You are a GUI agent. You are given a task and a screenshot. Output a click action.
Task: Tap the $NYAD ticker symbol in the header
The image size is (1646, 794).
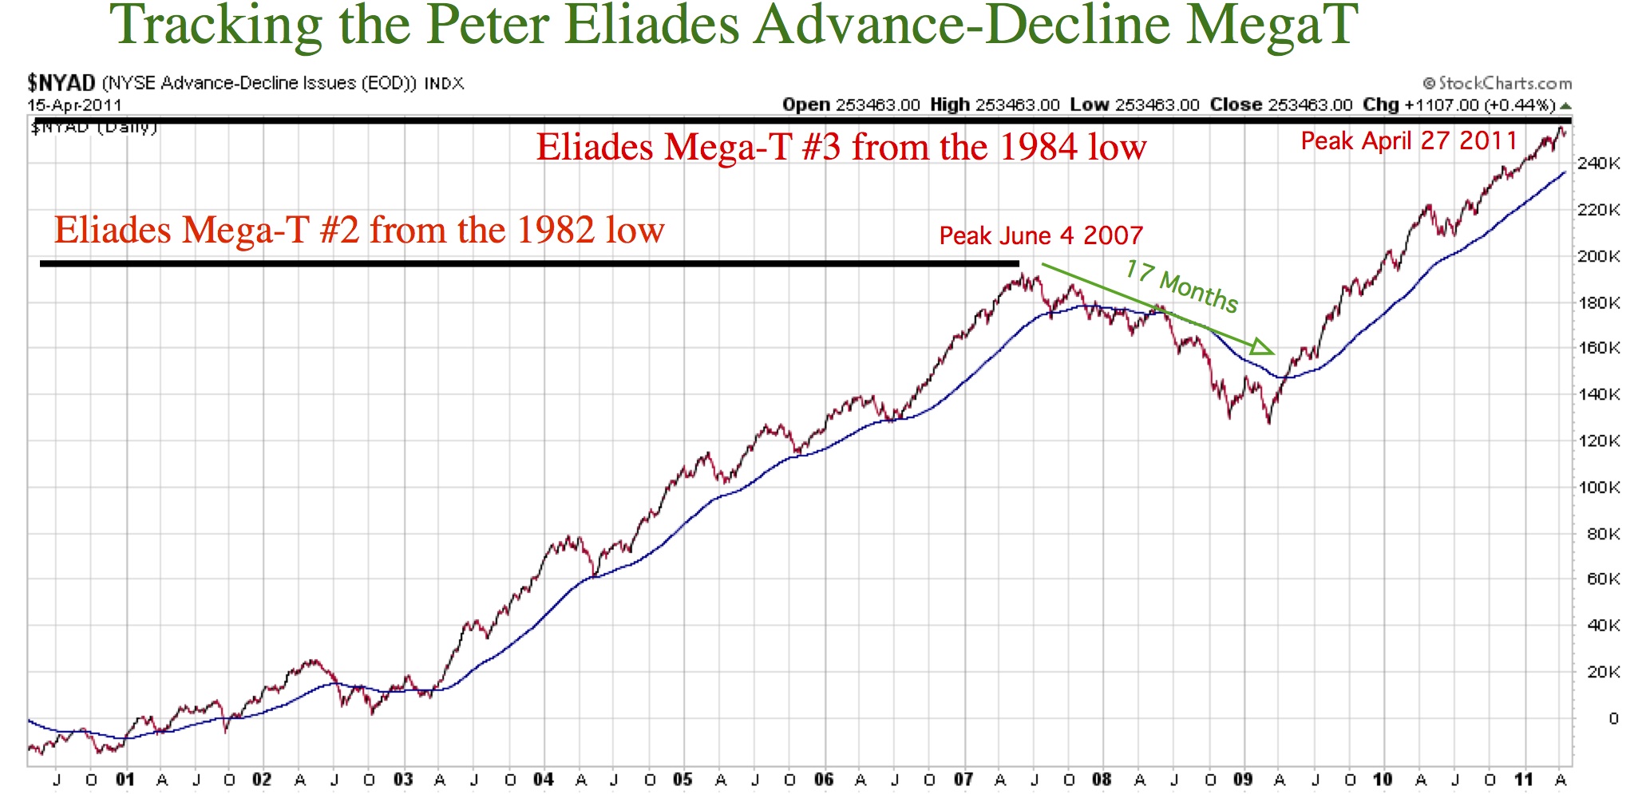pyautogui.click(x=61, y=83)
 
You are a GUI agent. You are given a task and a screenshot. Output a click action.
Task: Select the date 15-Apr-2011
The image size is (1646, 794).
pyautogui.click(x=74, y=105)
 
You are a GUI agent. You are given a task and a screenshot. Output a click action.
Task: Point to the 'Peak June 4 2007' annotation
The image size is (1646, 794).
pyautogui.click(x=1040, y=236)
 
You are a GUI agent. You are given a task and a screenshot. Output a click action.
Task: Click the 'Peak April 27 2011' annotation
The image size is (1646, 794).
pyautogui.click(x=1409, y=141)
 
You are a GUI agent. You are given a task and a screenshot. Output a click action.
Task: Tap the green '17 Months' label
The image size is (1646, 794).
pyautogui.click(x=1181, y=286)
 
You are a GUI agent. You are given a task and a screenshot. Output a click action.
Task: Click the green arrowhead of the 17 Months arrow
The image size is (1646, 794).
pyautogui.click(x=1263, y=347)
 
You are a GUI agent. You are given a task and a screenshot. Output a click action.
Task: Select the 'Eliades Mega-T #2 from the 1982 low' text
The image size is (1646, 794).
pyautogui.click(x=359, y=231)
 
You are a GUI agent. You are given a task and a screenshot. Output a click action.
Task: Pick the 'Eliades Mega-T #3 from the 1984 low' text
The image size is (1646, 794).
pyautogui.click(x=841, y=148)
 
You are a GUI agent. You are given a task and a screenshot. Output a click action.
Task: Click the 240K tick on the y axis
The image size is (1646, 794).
pyautogui.click(x=1602, y=164)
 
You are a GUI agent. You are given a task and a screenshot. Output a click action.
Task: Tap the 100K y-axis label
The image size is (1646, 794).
pyautogui.click(x=1602, y=488)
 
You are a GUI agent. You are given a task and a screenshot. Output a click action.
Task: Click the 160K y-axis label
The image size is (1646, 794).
pyautogui.click(x=1602, y=349)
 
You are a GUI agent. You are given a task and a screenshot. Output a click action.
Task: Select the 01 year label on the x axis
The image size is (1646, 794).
pyautogui.click(x=125, y=780)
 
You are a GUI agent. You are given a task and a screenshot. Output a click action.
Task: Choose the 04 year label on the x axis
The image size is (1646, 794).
pyautogui.click(x=544, y=780)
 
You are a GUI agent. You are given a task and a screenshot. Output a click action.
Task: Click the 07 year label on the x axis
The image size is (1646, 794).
pyautogui.click(x=963, y=780)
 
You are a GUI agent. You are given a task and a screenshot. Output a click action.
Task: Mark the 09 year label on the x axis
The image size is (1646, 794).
pyautogui.click(x=1244, y=780)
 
